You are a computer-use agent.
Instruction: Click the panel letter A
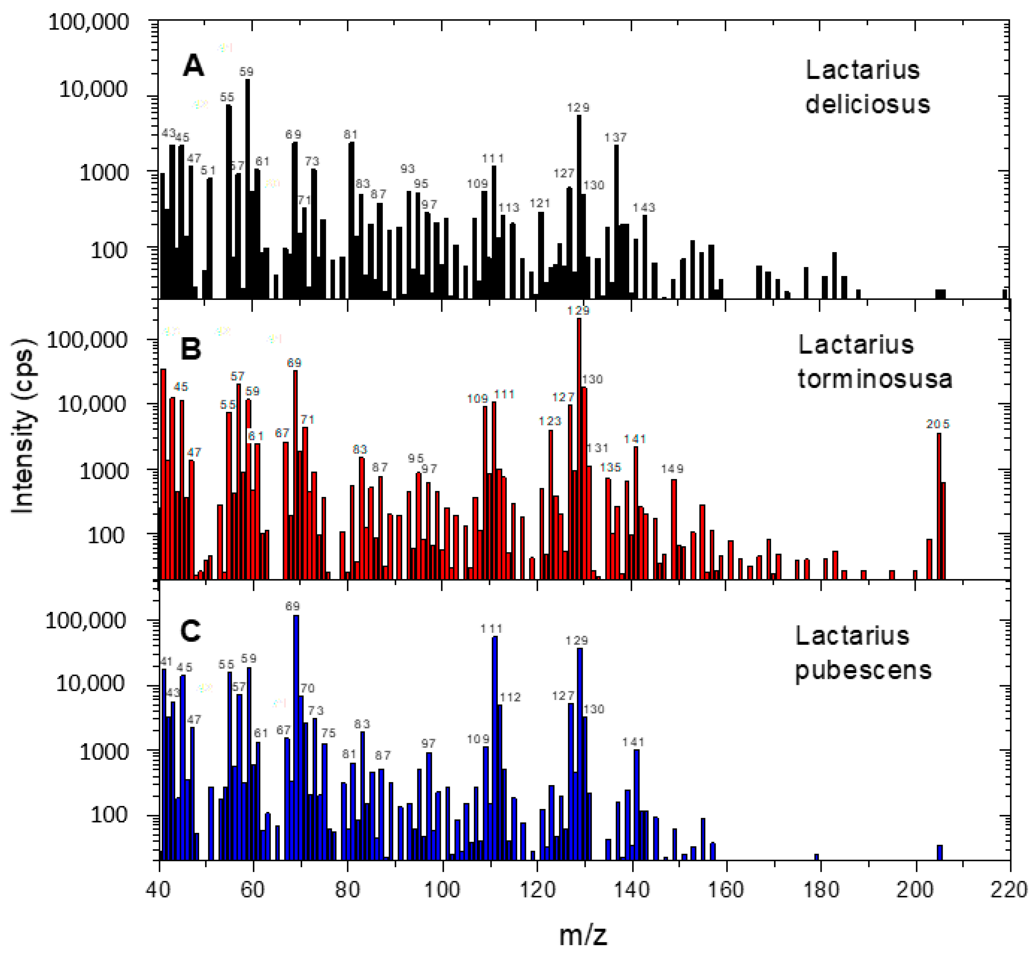(193, 66)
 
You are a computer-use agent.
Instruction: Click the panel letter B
(191, 349)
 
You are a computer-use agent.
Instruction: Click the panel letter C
(190, 631)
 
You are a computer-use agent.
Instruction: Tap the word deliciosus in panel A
(868, 104)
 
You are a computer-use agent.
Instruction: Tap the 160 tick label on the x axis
(726, 890)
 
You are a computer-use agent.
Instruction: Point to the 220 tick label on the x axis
(1009, 890)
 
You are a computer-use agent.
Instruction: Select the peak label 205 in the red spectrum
(937, 424)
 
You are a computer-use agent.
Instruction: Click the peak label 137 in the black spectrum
(615, 138)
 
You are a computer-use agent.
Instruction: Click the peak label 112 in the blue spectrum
(510, 697)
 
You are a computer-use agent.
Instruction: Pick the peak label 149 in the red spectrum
(672, 469)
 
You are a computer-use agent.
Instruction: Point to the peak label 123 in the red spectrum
(550, 421)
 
